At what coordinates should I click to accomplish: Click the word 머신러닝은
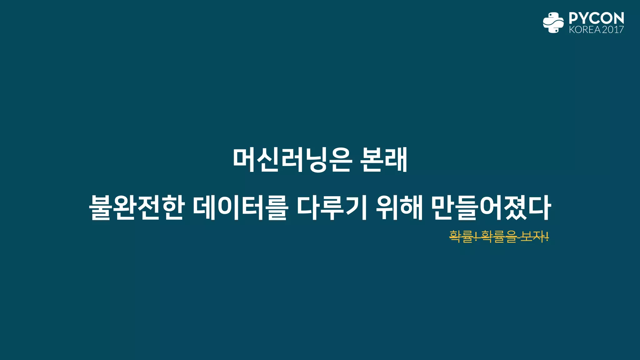coord(292,160)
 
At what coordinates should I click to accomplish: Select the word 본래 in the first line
coord(384,160)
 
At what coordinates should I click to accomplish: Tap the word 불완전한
coord(136,208)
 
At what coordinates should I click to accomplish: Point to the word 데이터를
coord(239,208)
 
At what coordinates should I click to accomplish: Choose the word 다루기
coord(331,208)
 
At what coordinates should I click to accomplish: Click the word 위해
coord(399,208)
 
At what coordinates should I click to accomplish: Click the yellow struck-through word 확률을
coord(499,237)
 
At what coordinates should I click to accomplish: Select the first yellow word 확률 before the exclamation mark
coord(461,237)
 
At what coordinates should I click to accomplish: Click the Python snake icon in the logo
coord(553,22)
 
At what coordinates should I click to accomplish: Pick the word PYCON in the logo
coord(596,18)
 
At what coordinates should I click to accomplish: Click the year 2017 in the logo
coord(613,30)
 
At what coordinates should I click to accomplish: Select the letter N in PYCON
coord(618,18)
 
